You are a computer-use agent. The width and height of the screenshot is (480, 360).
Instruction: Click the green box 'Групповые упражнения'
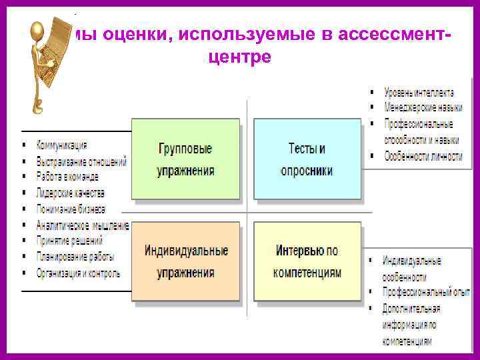pos(185,159)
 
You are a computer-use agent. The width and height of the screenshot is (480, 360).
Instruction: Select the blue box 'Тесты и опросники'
pos(307,159)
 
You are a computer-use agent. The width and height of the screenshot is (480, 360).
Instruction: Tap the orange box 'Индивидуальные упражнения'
pos(185,261)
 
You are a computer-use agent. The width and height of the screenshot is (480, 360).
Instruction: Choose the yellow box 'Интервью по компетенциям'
pos(307,261)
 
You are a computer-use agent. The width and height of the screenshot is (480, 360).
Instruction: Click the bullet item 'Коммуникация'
pos(62,145)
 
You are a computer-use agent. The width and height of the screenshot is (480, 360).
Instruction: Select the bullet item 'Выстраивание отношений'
pos(81,161)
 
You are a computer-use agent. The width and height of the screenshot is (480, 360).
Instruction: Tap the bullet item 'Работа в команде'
pos(67,177)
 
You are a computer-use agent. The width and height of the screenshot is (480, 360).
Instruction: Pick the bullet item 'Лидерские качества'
pos(71,193)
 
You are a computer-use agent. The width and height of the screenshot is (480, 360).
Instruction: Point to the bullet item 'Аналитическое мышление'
pos(83,225)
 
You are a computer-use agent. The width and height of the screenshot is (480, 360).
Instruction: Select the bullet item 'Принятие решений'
pos(69,241)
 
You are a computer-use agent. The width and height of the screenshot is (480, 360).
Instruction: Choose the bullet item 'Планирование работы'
pos(75,257)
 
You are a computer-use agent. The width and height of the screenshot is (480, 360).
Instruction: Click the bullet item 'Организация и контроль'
pos(78,273)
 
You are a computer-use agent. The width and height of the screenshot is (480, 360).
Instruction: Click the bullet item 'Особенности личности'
pos(423,157)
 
